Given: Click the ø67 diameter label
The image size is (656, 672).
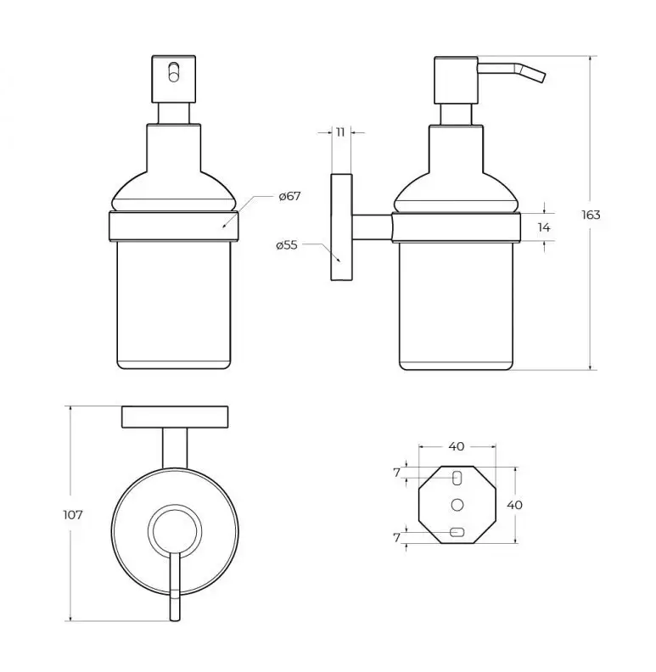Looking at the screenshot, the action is coord(290,196).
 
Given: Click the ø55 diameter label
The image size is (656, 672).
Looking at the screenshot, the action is coord(287,245).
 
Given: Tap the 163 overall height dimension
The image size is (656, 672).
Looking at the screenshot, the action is coord(591,215).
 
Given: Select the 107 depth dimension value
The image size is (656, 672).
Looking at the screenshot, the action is coord(73,514).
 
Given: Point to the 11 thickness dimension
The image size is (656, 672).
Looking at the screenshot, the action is coord(340,132).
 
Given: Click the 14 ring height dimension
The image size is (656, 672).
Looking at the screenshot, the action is coord(544,227).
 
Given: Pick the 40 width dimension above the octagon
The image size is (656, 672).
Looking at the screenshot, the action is coord(457,446).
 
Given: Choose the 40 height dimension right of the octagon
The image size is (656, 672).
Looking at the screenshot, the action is coord(514,505).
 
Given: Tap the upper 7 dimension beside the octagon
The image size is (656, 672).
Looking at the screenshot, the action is coord(396,473).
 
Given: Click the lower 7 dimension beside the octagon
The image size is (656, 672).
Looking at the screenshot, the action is coord(396,537).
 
